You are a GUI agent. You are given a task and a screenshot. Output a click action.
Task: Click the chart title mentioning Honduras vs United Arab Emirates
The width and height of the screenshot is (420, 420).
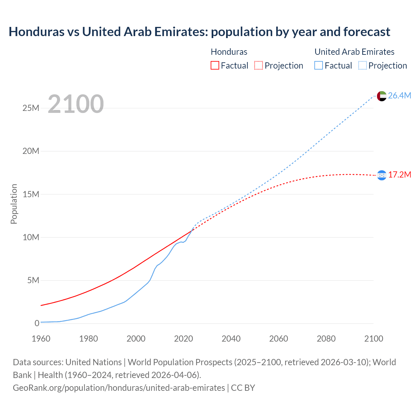[x=199, y=32]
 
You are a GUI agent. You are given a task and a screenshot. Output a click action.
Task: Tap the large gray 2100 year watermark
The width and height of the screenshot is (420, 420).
[x=76, y=104]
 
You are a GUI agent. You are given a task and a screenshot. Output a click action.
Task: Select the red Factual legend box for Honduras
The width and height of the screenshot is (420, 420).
[x=215, y=66]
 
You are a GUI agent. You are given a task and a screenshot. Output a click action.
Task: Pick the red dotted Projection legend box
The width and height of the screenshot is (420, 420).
[x=259, y=66]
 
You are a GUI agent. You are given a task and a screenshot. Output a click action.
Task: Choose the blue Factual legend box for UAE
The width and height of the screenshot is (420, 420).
[x=319, y=66]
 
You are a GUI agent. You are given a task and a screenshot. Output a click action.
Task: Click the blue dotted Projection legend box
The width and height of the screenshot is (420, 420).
[x=362, y=66]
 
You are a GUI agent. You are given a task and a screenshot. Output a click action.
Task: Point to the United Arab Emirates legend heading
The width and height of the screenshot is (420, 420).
[x=354, y=52]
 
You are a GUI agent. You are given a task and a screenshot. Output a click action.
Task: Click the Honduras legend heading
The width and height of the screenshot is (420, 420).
[x=229, y=52]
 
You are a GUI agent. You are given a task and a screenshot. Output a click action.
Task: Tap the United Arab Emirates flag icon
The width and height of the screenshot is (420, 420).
[x=382, y=96]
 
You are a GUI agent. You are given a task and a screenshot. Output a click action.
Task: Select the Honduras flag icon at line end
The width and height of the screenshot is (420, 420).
[x=382, y=175]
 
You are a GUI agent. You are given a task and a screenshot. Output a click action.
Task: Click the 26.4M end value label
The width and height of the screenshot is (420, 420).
[x=399, y=95]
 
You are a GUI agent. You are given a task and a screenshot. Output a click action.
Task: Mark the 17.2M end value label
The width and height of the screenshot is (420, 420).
[x=399, y=175]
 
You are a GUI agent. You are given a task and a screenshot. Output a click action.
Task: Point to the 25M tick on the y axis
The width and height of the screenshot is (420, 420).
[x=31, y=108]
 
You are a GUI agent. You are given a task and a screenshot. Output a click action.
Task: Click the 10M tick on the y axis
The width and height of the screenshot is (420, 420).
[x=31, y=237]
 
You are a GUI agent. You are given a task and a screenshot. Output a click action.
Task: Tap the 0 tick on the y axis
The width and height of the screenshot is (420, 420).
[x=37, y=323]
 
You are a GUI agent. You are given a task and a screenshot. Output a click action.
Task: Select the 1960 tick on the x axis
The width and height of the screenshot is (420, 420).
[x=41, y=339]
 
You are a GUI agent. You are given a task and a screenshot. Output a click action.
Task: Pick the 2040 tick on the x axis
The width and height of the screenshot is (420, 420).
[x=231, y=339]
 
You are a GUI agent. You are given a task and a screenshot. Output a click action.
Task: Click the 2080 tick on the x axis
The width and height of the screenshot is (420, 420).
[x=326, y=339]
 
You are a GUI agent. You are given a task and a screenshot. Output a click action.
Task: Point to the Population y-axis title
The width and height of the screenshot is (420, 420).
[x=14, y=204]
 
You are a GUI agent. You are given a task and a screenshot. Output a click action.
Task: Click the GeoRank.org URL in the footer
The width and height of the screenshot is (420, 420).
[x=119, y=388]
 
